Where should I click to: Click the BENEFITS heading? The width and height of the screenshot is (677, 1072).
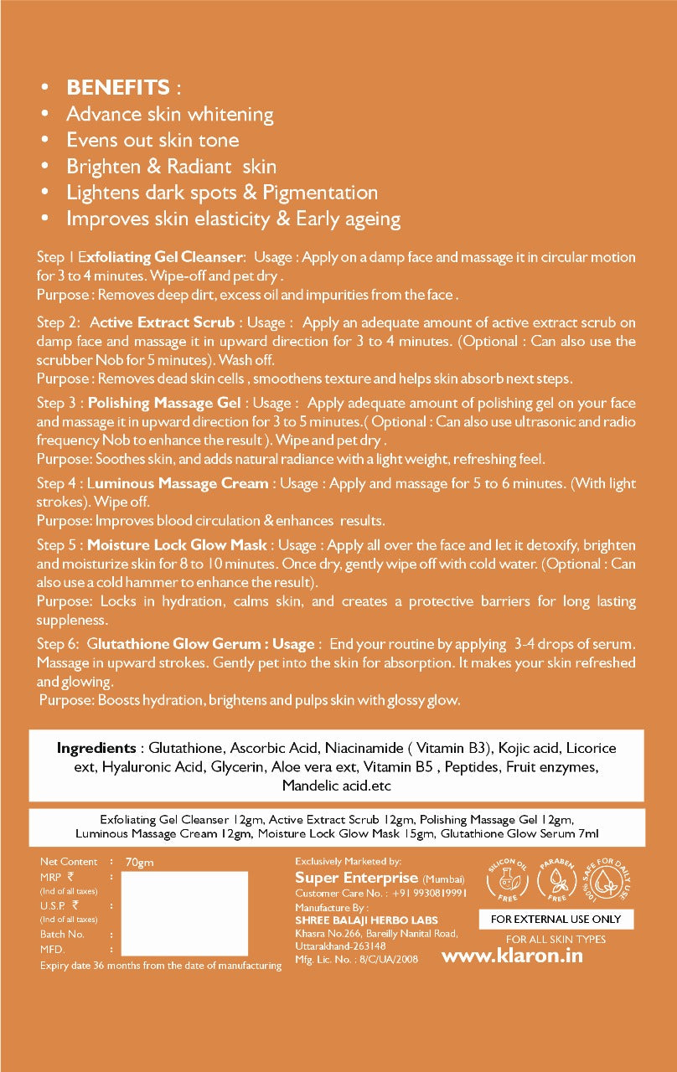pyautogui.click(x=117, y=88)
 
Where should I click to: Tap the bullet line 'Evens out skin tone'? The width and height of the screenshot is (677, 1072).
pyautogui.click(x=152, y=140)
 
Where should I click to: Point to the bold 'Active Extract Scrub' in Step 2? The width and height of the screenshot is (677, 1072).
pyautogui.click(x=162, y=322)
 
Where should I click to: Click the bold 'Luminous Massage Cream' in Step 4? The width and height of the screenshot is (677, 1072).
pyautogui.click(x=178, y=483)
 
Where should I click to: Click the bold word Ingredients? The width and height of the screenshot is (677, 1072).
pyautogui.click(x=96, y=748)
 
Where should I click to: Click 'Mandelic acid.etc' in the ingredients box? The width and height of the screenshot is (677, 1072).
pyautogui.click(x=337, y=786)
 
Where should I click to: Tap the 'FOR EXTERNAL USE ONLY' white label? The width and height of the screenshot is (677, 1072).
pyautogui.click(x=556, y=919)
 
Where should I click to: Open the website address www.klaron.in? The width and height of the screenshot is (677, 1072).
pyautogui.click(x=511, y=956)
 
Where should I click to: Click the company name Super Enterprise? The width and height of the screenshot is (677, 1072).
pyautogui.click(x=356, y=878)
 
